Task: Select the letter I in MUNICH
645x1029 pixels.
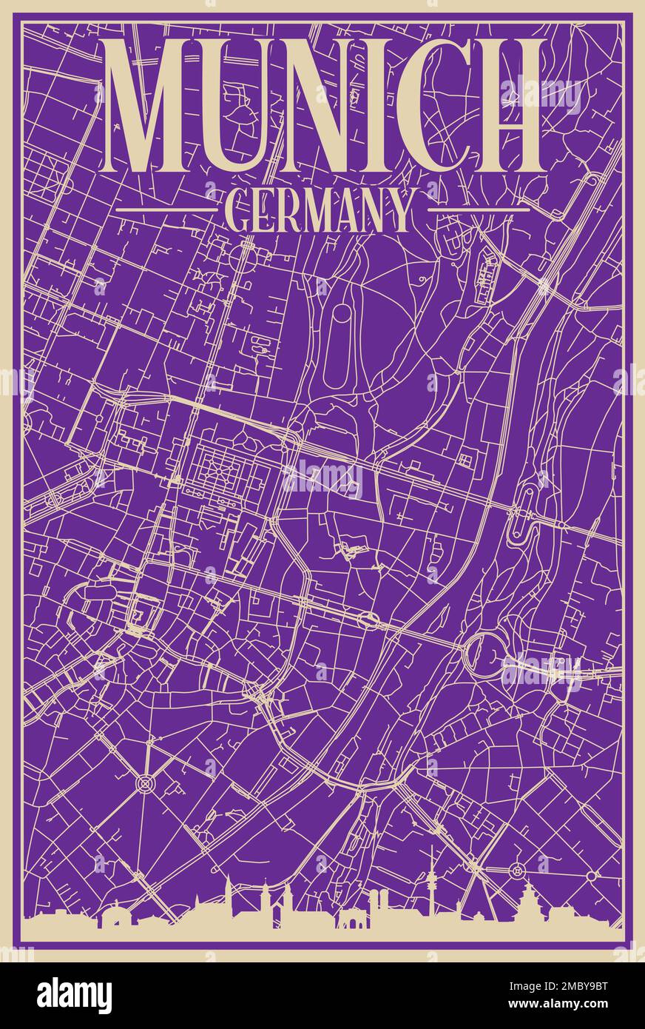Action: point(385,106)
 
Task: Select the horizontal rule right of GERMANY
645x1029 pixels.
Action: point(479,210)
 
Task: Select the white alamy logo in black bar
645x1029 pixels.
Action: point(74,996)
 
